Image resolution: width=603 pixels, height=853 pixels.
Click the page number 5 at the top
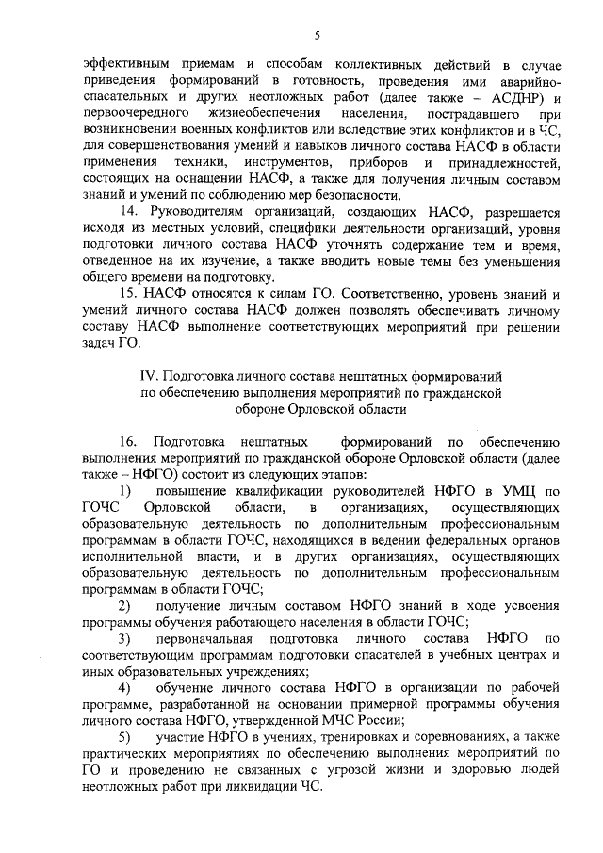318,36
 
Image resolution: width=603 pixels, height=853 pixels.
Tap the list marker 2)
124,604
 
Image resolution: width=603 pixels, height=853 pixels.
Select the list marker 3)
124,638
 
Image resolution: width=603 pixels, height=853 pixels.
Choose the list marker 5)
124,736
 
